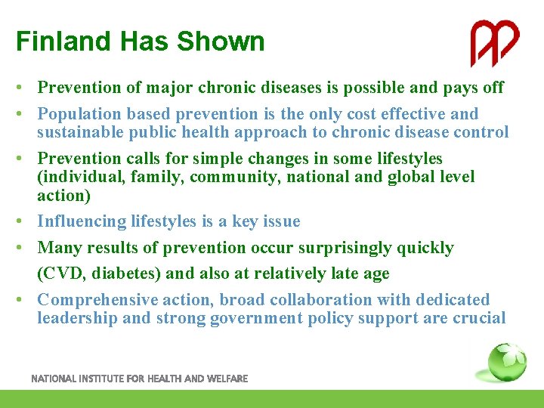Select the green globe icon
click(506, 363)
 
